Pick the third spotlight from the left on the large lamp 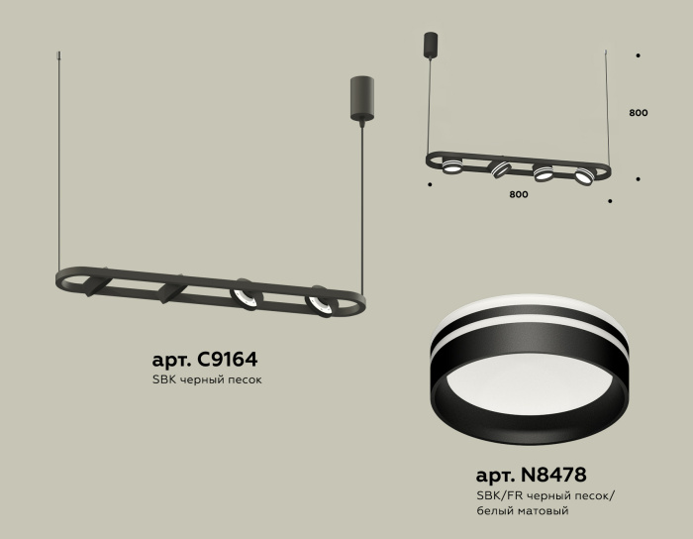[246, 295]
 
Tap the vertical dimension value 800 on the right [639, 113]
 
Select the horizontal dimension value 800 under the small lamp [518, 194]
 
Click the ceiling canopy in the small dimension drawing [430, 45]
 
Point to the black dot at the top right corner [639, 56]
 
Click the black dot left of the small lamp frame [429, 183]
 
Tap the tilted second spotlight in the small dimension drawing [501, 169]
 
